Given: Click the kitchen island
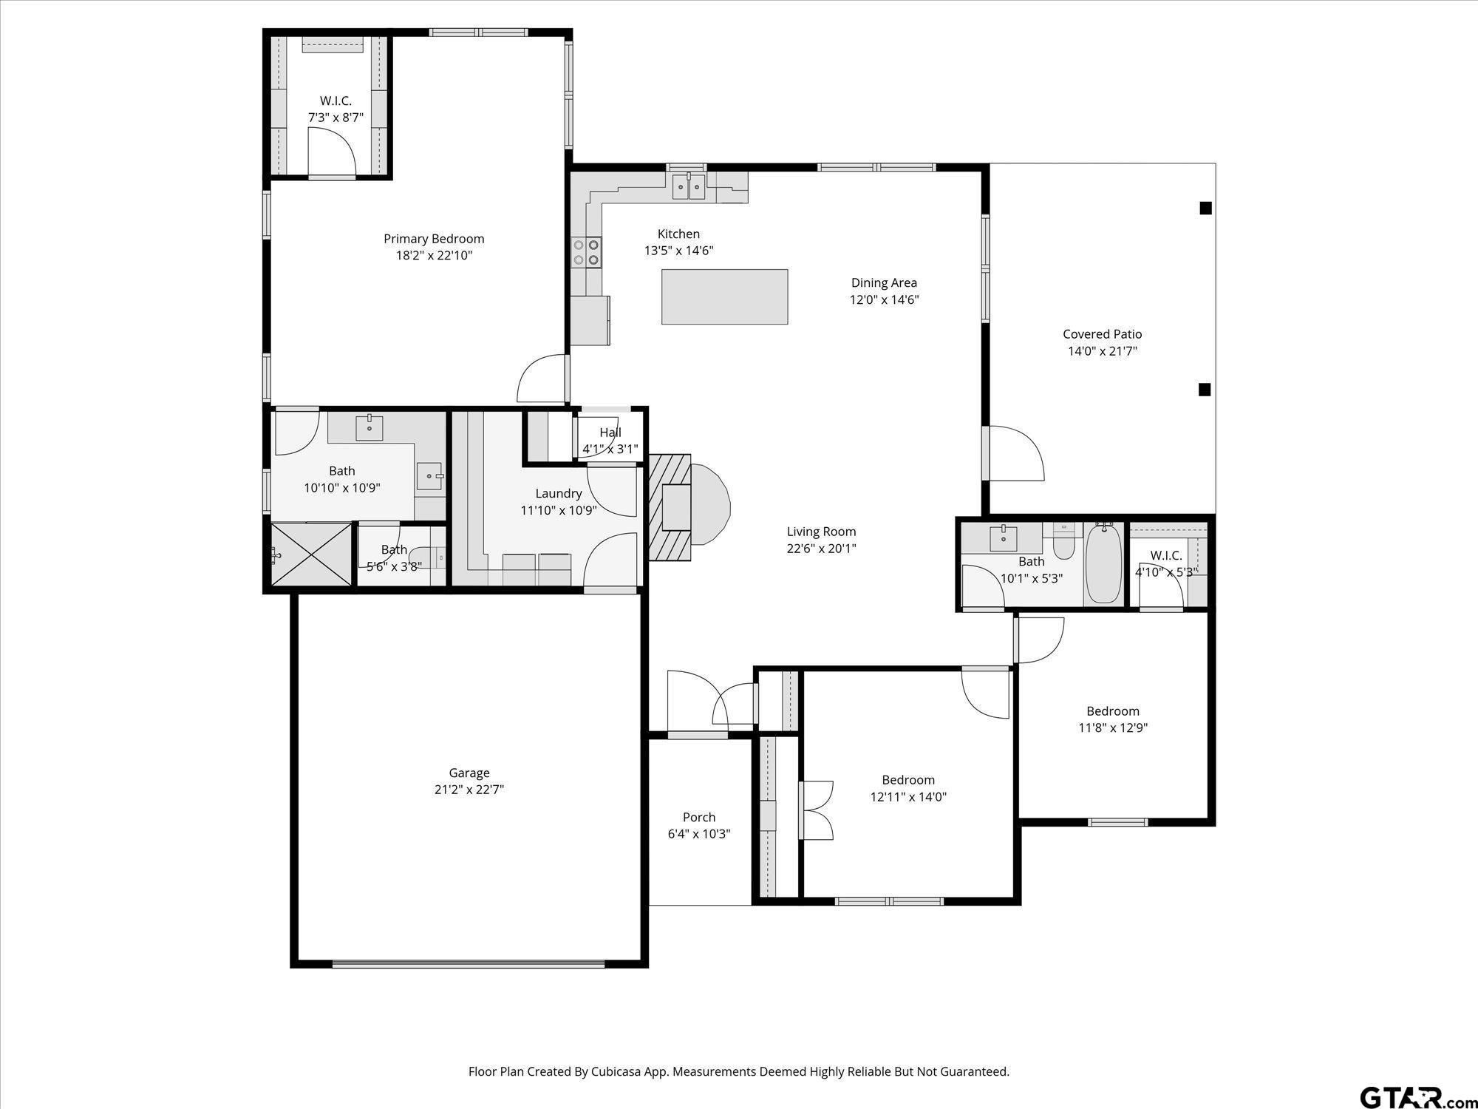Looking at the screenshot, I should (x=724, y=296).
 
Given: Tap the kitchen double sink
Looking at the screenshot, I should (x=688, y=187).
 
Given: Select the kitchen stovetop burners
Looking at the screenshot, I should (x=587, y=251).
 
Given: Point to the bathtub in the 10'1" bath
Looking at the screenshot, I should (x=1103, y=563).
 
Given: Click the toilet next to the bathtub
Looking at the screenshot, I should (x=1063, y=544).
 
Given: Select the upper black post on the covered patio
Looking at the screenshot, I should (x=1205, y=208).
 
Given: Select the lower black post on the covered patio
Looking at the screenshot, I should (x=1205, y=390).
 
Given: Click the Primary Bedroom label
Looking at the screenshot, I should (x=434, y=239).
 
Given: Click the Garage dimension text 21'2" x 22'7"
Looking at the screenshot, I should (x=469, y=790).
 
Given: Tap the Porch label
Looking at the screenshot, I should (x=698, y=817).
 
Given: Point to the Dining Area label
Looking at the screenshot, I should (x=884, y=282).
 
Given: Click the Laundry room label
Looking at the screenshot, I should (x=558, y=493).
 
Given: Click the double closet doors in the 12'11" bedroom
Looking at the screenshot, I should (x=816, y=810).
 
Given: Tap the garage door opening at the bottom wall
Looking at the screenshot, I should (x=469, y=964).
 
